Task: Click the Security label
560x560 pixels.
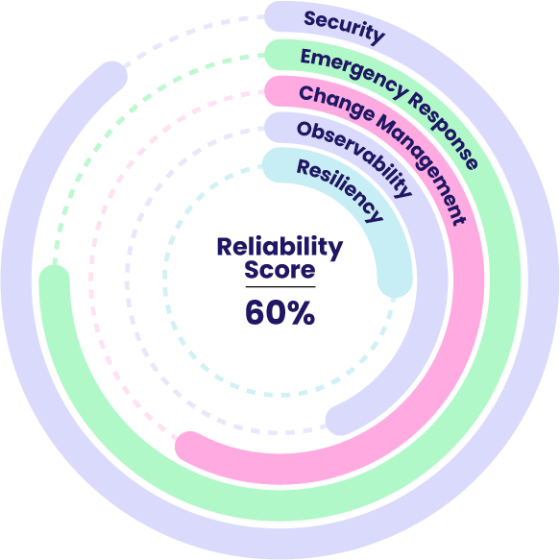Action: tap(344, 27)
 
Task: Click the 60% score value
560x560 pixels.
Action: tap(280, 313)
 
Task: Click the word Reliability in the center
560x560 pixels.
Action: tap(280, 247)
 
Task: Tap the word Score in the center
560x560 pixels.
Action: tap(280, 269)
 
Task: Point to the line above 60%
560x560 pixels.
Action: tap(280, 287)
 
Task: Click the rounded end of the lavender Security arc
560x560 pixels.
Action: tap(111, 76)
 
